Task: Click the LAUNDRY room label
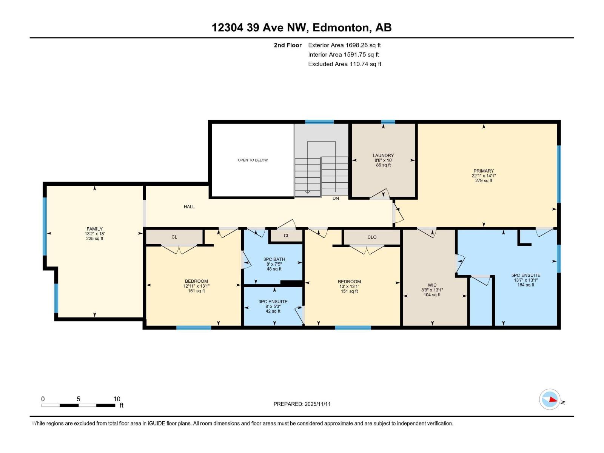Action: (x=383, y=156)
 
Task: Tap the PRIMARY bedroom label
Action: (x=484, y=171)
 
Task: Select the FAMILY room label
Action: (x=94, y=229)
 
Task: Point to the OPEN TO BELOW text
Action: (x=253, y=160)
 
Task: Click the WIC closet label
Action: (x=432, y=285)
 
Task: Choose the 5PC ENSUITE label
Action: (x=526, y=275)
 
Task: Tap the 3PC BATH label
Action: (x=274, y=259)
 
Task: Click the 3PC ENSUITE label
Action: (x=273, y=302)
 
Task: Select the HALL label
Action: (x=189, y=206)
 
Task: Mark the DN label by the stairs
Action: (x=336, y=198)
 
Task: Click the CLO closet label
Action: (x=372, y=237)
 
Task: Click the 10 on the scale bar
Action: (x=117, y=399)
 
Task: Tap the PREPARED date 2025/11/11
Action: (x=302, y=404)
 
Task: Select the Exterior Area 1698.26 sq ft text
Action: (x=344, y=45)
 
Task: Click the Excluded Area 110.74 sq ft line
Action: (x=344, y=64)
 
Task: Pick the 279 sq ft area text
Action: (x=484, y=181)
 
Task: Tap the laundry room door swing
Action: (x=381, y=194)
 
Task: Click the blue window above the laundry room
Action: (x=388, y=122)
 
